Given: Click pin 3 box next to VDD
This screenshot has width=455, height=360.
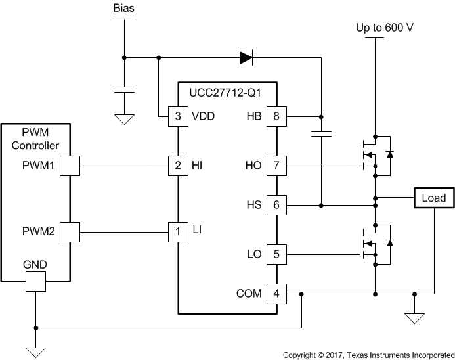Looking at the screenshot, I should coord(179,116).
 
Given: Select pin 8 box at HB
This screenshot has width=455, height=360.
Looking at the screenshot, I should coord(276,116).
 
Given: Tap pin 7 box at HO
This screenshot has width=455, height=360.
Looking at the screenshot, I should coord(276,166).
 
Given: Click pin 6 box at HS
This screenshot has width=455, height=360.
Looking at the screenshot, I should coord(276,206).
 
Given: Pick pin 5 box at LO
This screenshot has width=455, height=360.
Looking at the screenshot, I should coord(276,254).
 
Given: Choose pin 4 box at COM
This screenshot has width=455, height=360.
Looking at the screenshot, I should coord(276,294).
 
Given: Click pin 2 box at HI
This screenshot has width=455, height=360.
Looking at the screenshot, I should coord(179,166).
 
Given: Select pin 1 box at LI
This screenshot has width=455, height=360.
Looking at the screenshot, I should coord(179,231).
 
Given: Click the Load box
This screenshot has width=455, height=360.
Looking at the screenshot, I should coord(433,198).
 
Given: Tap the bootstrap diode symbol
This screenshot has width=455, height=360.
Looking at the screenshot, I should coord(246,58).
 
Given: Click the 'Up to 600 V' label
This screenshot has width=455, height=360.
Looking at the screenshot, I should coord(385,28).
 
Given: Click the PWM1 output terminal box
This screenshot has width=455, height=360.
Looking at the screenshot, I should coord(70,166).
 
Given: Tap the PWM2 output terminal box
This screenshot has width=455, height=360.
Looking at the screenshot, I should coord(70,231).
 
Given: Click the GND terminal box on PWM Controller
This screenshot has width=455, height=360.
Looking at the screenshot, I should coord(35,282).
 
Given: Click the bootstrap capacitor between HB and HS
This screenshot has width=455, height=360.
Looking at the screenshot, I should coord(321,135).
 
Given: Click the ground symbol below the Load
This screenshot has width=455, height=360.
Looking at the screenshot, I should coord(414,318).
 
